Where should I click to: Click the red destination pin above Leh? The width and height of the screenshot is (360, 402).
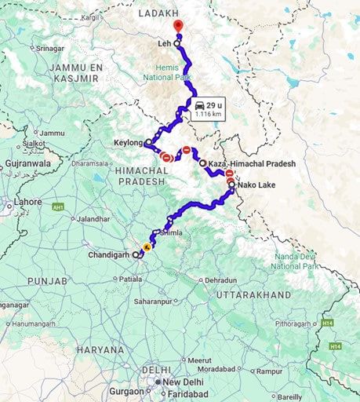pos(177,27)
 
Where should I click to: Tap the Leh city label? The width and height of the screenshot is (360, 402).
pos(163,44)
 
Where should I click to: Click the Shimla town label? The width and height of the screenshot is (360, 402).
pos(170,233)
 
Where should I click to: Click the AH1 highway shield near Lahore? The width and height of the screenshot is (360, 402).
pos(57,207)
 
